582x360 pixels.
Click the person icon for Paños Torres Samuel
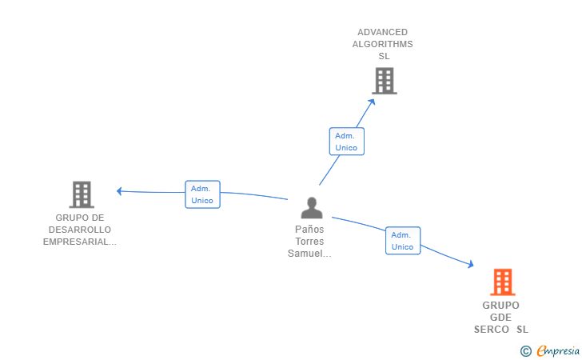312,208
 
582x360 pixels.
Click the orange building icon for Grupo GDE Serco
503,282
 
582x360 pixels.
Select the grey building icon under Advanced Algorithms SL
385,81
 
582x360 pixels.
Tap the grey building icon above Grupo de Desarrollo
82,194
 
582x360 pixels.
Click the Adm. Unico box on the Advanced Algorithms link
347,142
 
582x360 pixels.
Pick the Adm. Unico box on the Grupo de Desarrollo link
203,194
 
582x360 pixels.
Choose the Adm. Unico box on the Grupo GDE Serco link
403,241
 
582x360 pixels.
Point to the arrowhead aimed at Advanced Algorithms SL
372,102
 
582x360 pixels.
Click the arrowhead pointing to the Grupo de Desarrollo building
119,191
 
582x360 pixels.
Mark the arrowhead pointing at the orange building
471,264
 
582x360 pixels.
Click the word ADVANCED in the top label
382,32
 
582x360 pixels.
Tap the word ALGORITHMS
382,44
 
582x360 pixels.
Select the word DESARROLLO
80,230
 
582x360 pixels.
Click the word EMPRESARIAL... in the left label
80,242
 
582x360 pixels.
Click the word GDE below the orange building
500,318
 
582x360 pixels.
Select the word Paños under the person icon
309,230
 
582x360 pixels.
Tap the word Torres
309,242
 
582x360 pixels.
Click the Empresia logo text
558,350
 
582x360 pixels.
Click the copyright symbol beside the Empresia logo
525,351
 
